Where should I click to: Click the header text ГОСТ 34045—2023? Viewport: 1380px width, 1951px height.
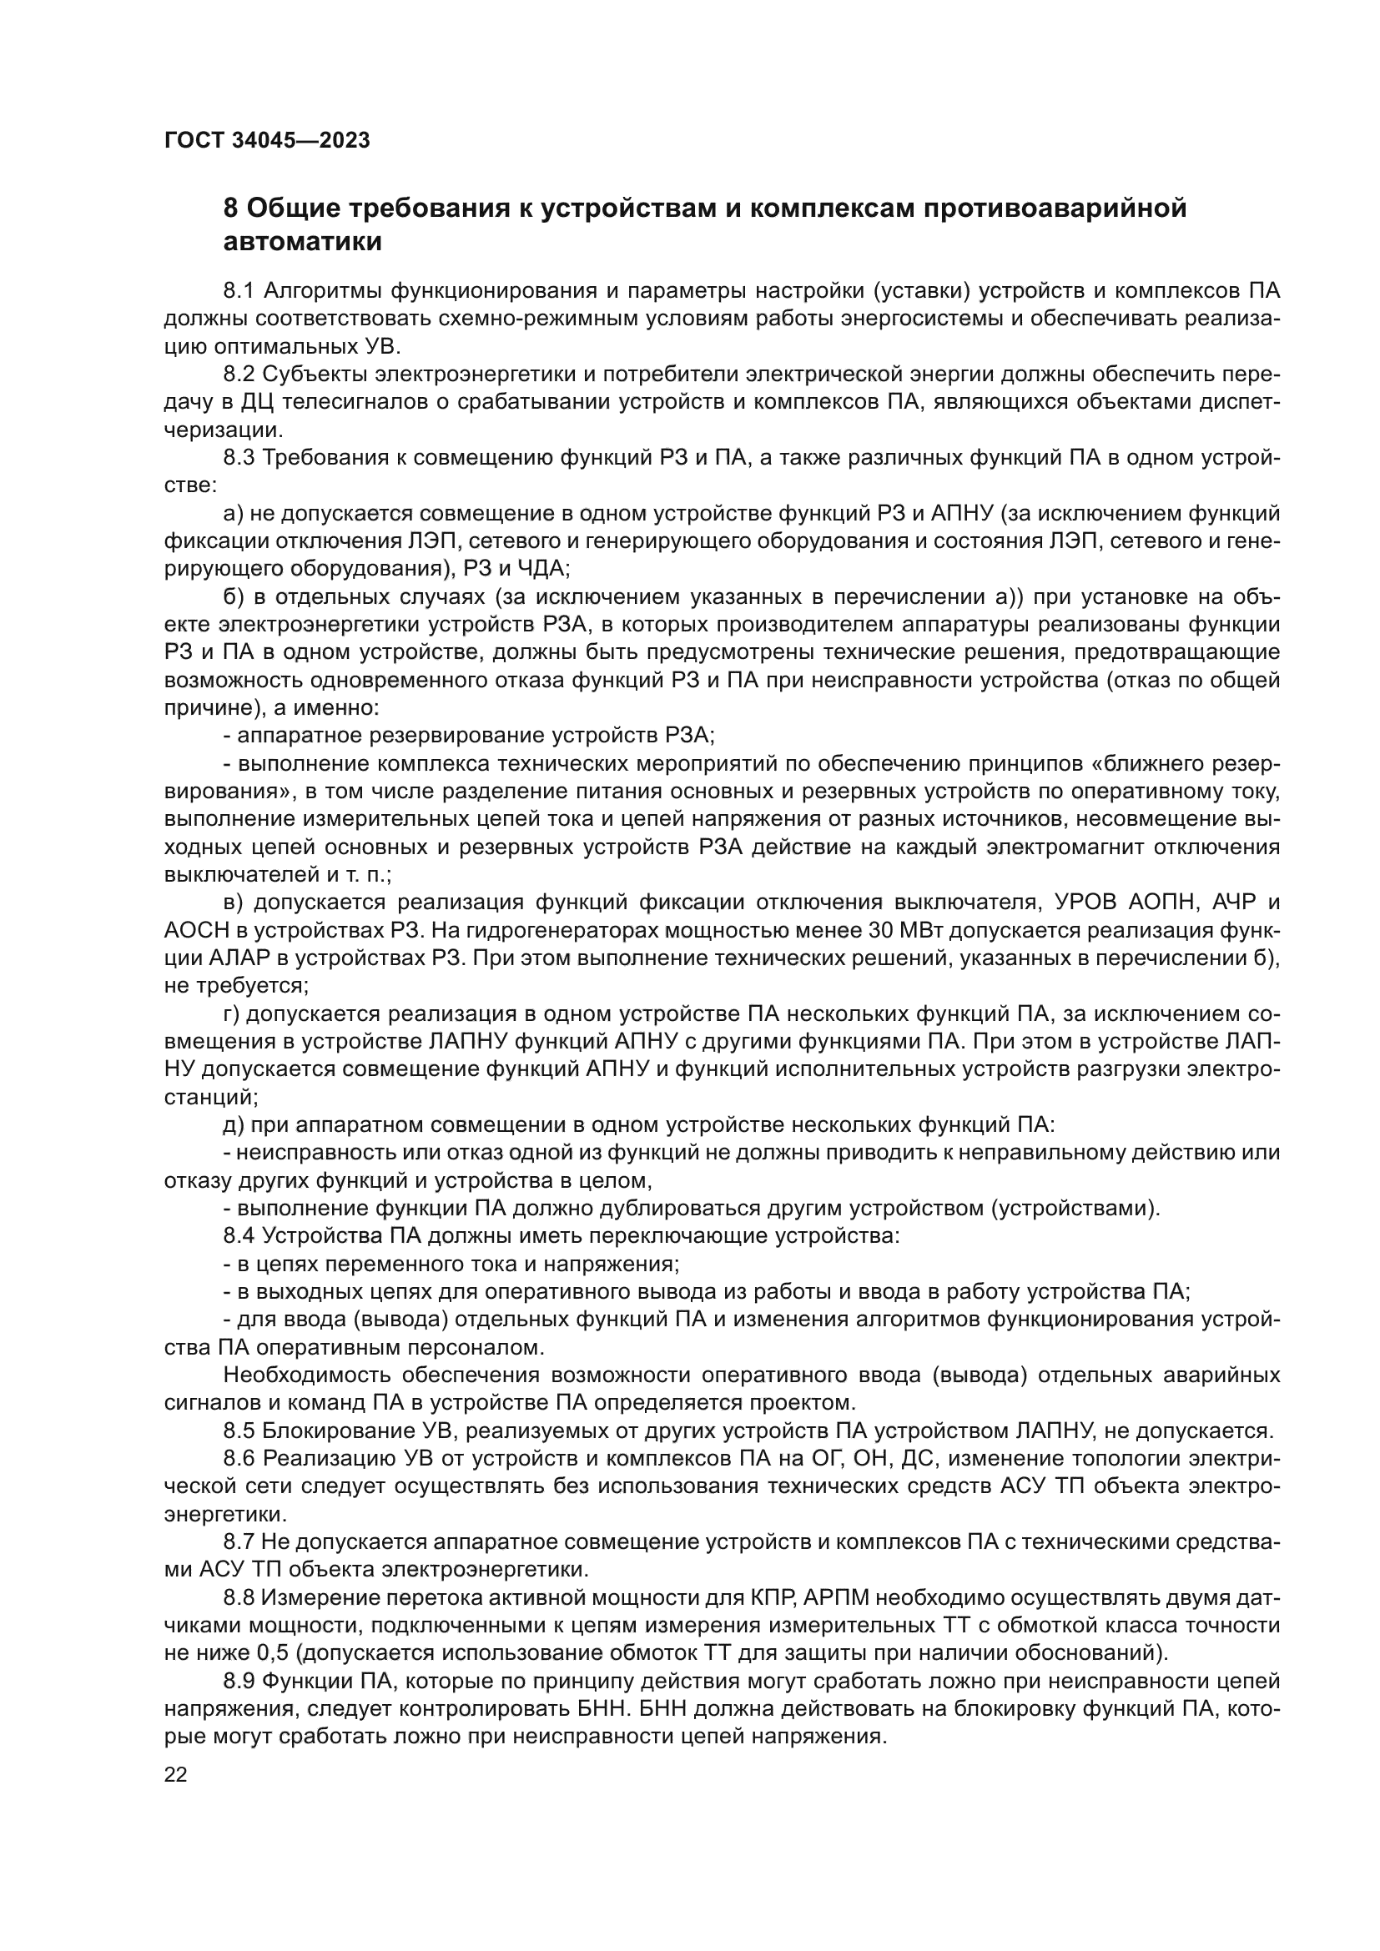[x=267, y=140]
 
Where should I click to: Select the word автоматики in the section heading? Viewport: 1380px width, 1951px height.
[x=302, y=242]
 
